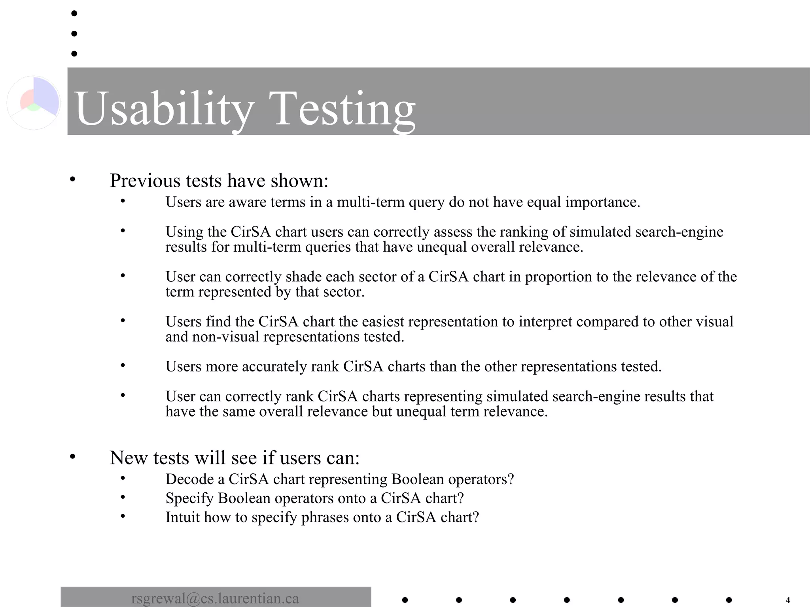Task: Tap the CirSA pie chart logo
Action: coord(34,102)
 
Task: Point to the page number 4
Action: coord(787,600)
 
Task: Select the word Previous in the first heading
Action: coord(145,181)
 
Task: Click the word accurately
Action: coord(274,367)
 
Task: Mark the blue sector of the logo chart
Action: coord(45,95)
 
